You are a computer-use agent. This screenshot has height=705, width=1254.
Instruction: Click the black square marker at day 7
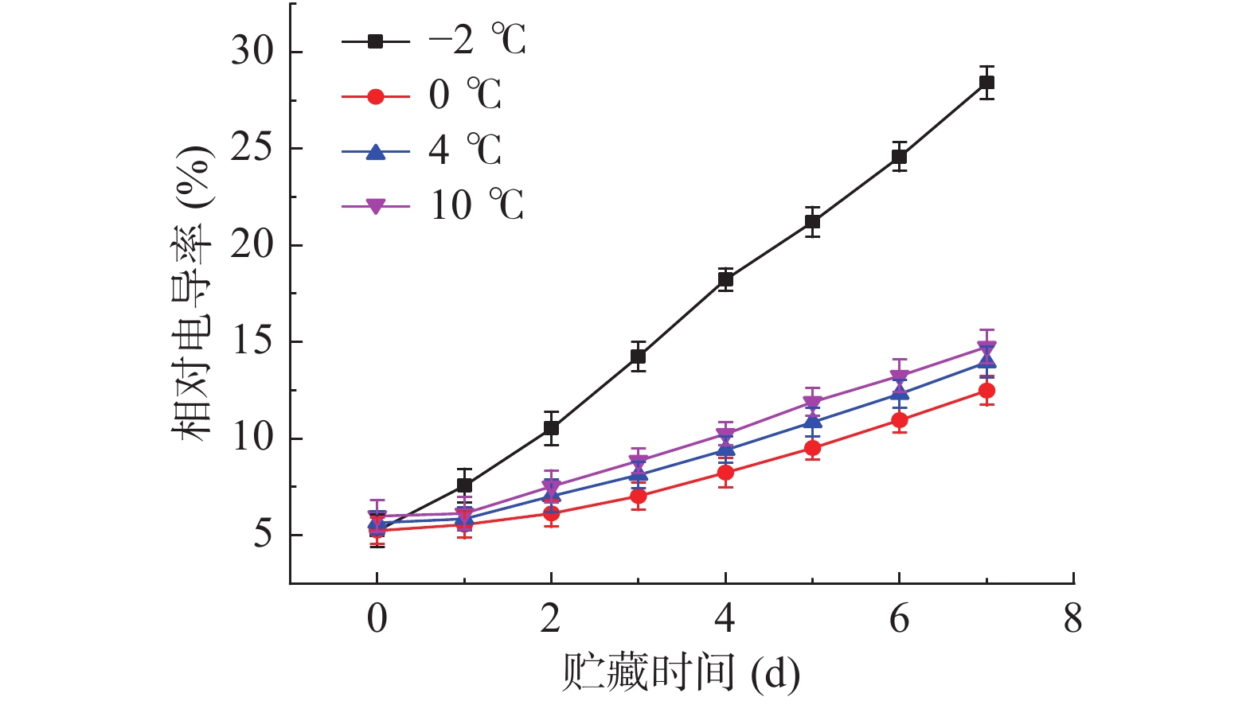pos(986,83)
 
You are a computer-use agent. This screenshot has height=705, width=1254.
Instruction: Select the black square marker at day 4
pos(725,279)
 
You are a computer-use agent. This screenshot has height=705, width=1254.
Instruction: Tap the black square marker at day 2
pos(551,428)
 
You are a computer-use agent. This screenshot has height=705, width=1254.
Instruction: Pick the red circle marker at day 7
pos(986,391)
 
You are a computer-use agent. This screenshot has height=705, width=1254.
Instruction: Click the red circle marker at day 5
pos(812,449)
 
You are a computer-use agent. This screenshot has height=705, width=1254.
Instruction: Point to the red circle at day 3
pos(638,497)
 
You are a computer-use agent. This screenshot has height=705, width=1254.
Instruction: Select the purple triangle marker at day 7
pos(986,348)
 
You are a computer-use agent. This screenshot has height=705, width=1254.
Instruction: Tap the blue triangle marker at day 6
pos(899,391)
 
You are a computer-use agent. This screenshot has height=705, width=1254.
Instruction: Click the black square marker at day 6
pos(899,157)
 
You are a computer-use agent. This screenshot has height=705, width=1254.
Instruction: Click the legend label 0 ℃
pos(464,95)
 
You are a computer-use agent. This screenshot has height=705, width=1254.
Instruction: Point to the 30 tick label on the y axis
pos(252,52)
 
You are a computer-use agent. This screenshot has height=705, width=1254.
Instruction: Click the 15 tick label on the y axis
pos(252,341)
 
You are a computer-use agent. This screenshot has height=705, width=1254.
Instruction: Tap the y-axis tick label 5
pos(262,535)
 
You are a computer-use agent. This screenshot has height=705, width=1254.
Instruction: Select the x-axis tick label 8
pos(1072,619)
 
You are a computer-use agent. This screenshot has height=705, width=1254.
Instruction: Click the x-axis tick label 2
pos(550,619)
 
